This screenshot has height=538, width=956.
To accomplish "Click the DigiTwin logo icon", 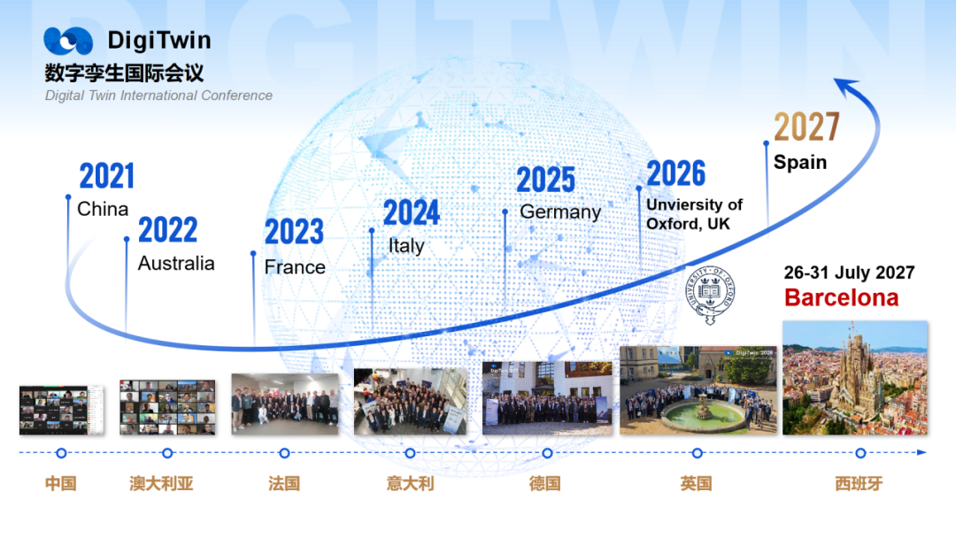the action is (x=68, y=41).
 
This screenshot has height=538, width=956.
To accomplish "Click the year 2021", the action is (x=107, y=176).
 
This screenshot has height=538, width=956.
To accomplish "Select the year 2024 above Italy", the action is (x=411, y=212).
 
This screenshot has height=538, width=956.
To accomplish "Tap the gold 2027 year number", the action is (x=806, y=127).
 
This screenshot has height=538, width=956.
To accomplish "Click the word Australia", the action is (x=176, y=263).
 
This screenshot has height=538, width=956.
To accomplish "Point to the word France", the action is (x=295, y=267).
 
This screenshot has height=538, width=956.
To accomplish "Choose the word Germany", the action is (x=560, y=212).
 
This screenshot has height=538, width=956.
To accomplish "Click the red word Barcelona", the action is (x=842, y=297).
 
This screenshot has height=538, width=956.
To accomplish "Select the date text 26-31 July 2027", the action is (x=849, y=273).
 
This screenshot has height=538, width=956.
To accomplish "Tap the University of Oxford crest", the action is (x=710, y=295).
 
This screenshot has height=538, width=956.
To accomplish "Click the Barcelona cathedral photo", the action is (x=855, y=378).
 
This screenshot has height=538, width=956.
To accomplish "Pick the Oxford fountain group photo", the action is (x=698, y=390).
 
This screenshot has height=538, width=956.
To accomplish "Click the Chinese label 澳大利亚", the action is (x=161, y=484).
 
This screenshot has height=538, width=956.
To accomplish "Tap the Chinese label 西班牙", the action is (x=859, y=484).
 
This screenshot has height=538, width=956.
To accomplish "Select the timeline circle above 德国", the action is (x=548, y=453).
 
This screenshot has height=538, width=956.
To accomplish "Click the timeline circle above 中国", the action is (x=61, y=453).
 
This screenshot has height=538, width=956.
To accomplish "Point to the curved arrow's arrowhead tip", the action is (x=834, y=80).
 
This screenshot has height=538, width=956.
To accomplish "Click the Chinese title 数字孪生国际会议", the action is (x=124, y=73).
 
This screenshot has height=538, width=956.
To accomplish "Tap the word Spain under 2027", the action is (x=800, y=163).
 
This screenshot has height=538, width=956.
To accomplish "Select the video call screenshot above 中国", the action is (x=61, y=410).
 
